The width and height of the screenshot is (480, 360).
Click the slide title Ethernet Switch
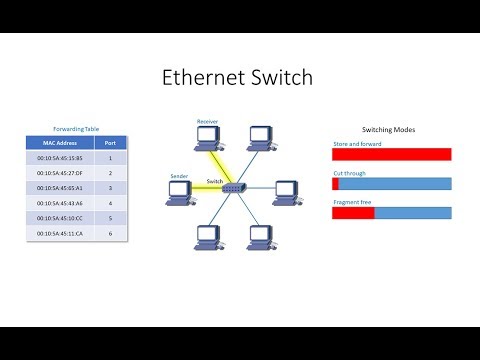tap(239, 79)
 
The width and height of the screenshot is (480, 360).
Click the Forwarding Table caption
tap(76, 127)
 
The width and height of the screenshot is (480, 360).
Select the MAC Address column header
tap(56, 142)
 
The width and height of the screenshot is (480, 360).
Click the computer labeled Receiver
tap(207, 137)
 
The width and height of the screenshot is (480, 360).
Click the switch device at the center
tap(233, 187)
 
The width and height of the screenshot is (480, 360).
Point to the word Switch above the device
tap(214, 180)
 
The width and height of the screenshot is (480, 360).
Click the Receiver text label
tap(207, 120)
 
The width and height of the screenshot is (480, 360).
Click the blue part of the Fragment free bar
tap(413, 213)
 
